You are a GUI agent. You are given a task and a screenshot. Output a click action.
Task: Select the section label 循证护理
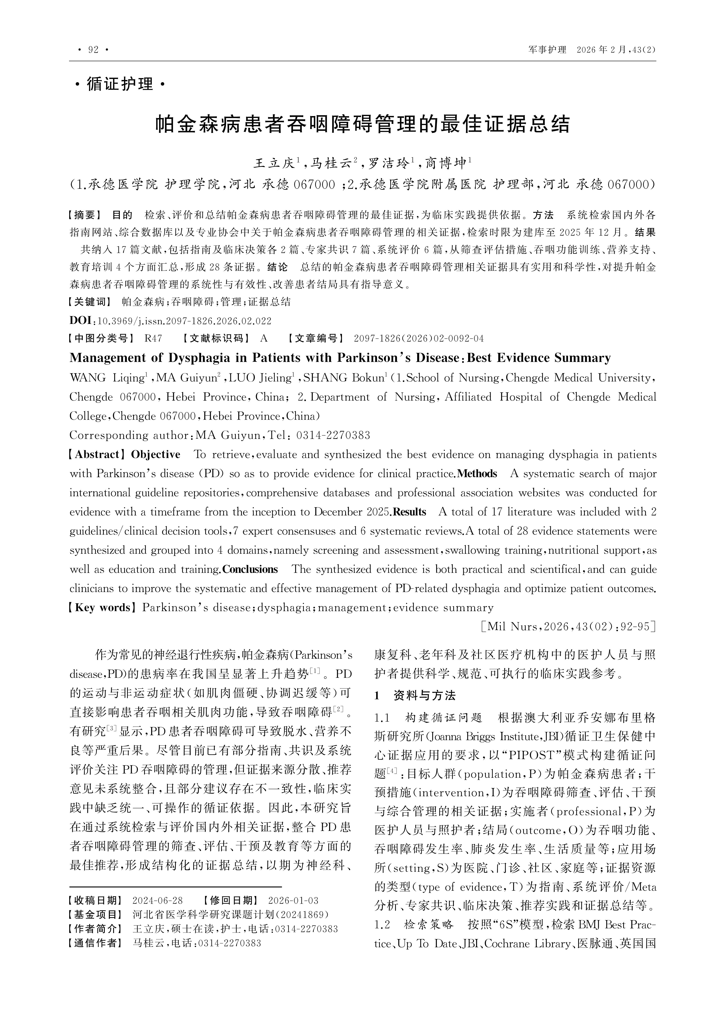coord(120,84)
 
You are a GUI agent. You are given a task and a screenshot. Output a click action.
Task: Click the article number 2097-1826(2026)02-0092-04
coord(419,338)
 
